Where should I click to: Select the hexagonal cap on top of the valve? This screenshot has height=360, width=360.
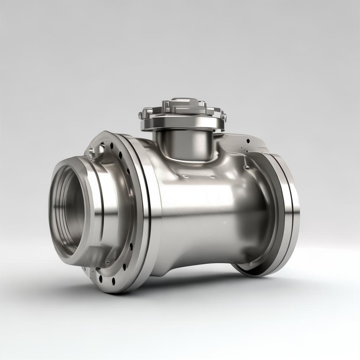(x=183, y=104)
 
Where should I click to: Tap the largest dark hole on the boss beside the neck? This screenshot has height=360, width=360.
(x=248, y=141)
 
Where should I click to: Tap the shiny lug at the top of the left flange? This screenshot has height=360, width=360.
(x=92, y=152)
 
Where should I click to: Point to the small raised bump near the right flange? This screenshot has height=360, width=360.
(x=246, y=167)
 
